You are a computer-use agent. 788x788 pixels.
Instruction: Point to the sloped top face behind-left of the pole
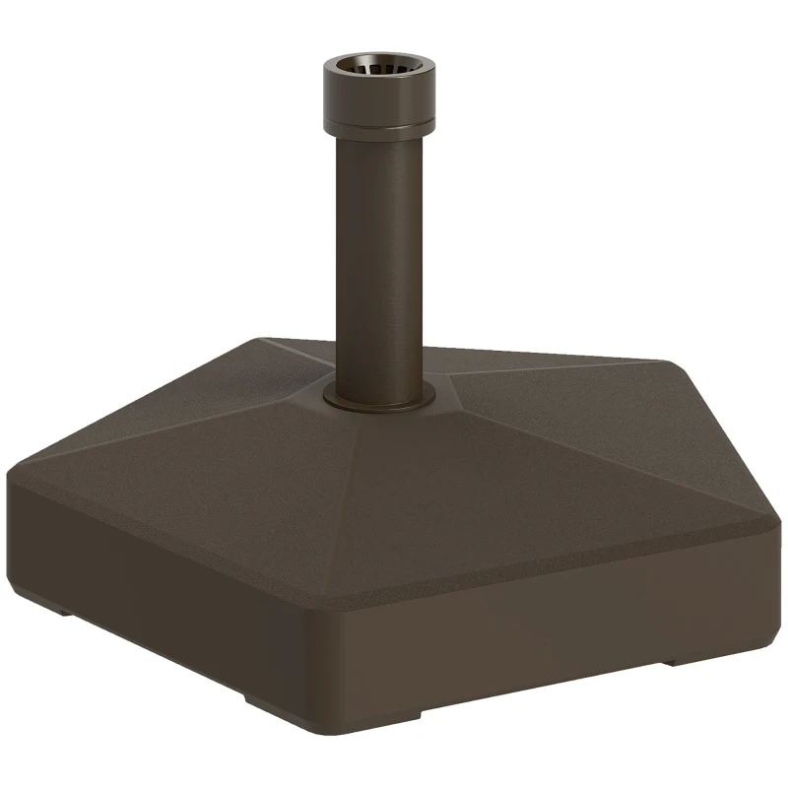[246, 379]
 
